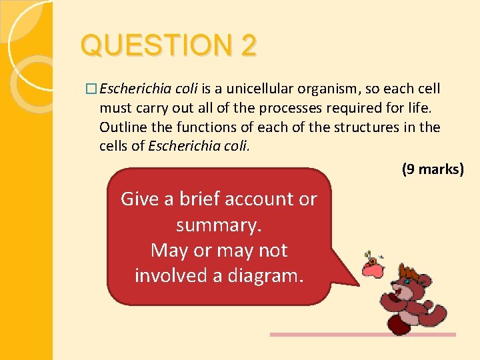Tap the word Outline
pos(122,127)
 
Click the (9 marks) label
pos(432,169)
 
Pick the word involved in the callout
pos(176,275)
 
